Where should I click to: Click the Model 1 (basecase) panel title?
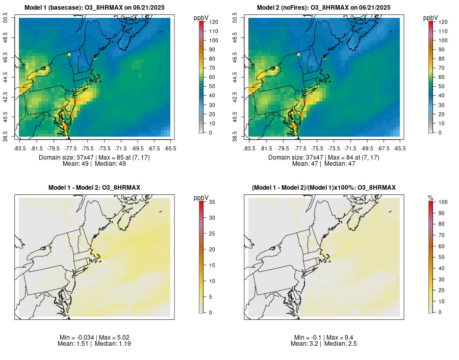(94, 8)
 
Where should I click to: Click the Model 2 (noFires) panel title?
(324, 8)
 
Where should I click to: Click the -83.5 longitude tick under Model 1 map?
(20, 148)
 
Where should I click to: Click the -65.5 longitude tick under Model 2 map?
(400, 148)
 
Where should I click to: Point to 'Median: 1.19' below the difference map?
(111, 344)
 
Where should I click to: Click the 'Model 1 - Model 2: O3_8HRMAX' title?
(94, 188)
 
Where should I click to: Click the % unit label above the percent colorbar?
(430, 197)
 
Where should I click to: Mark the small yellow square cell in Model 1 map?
(69, 55)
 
